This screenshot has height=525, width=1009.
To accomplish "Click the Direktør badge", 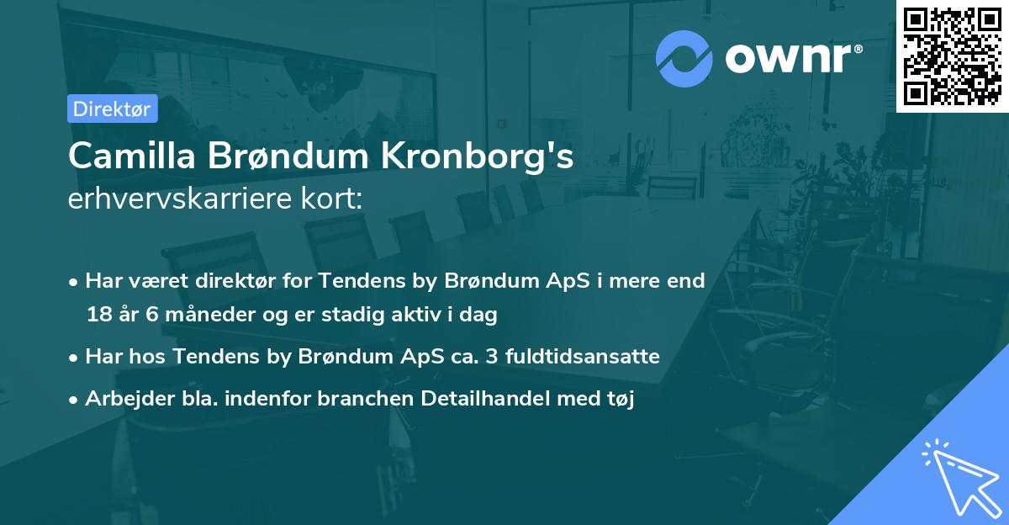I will [112, 109].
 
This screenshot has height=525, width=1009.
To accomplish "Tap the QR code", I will [953, 56].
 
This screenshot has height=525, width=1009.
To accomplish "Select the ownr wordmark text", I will [791, 58].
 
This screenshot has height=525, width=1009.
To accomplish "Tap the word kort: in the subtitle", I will [335, 199].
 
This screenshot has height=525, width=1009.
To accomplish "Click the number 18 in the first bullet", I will [98, 315].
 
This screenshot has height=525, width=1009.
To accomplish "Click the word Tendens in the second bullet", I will [208, 357].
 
